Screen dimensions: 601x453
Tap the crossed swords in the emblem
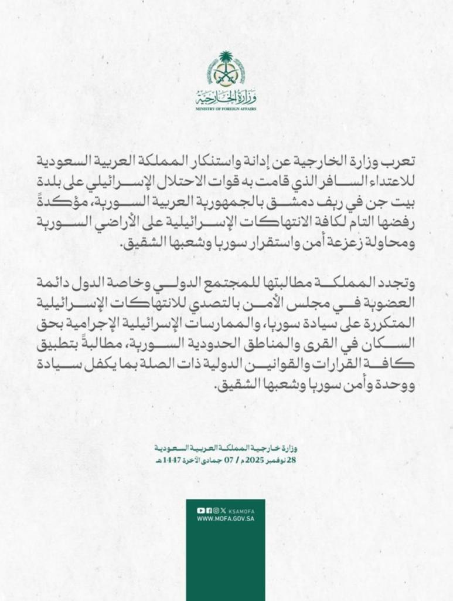(x=226, y=75)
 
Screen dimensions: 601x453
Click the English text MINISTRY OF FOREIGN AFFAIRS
(x=226, y=109)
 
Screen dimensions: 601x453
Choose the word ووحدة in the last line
(x=400, y=387)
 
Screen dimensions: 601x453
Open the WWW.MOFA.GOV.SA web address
(x=226, y=519)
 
